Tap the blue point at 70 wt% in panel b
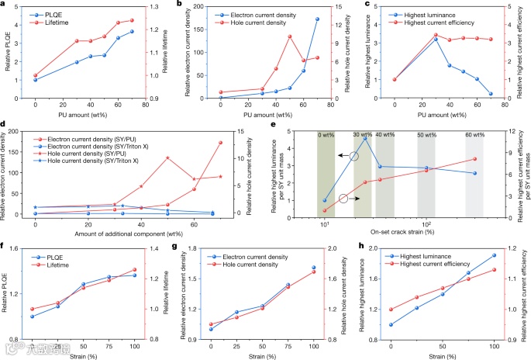pos(317,19)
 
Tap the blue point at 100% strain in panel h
pos(494,255)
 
